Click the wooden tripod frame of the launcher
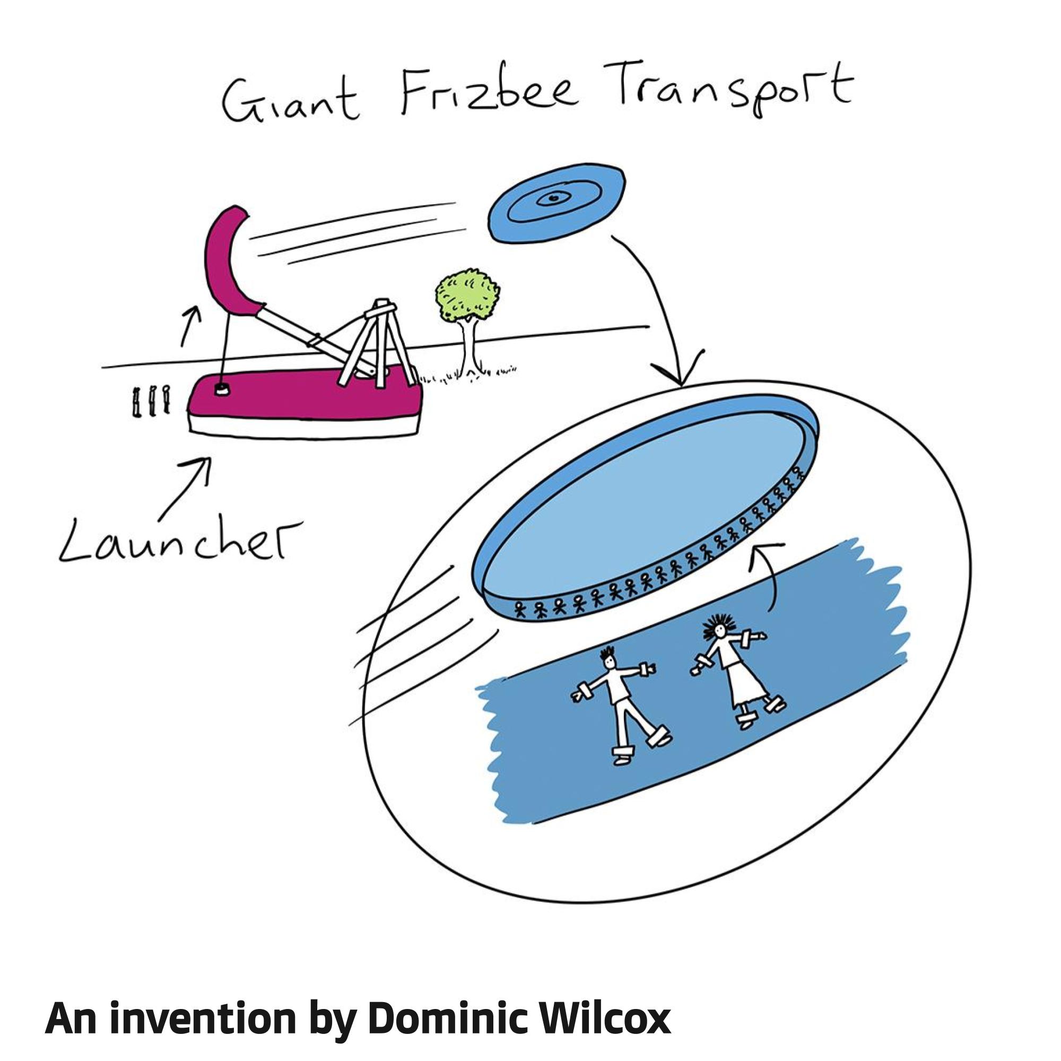click(x=379, y=341)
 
